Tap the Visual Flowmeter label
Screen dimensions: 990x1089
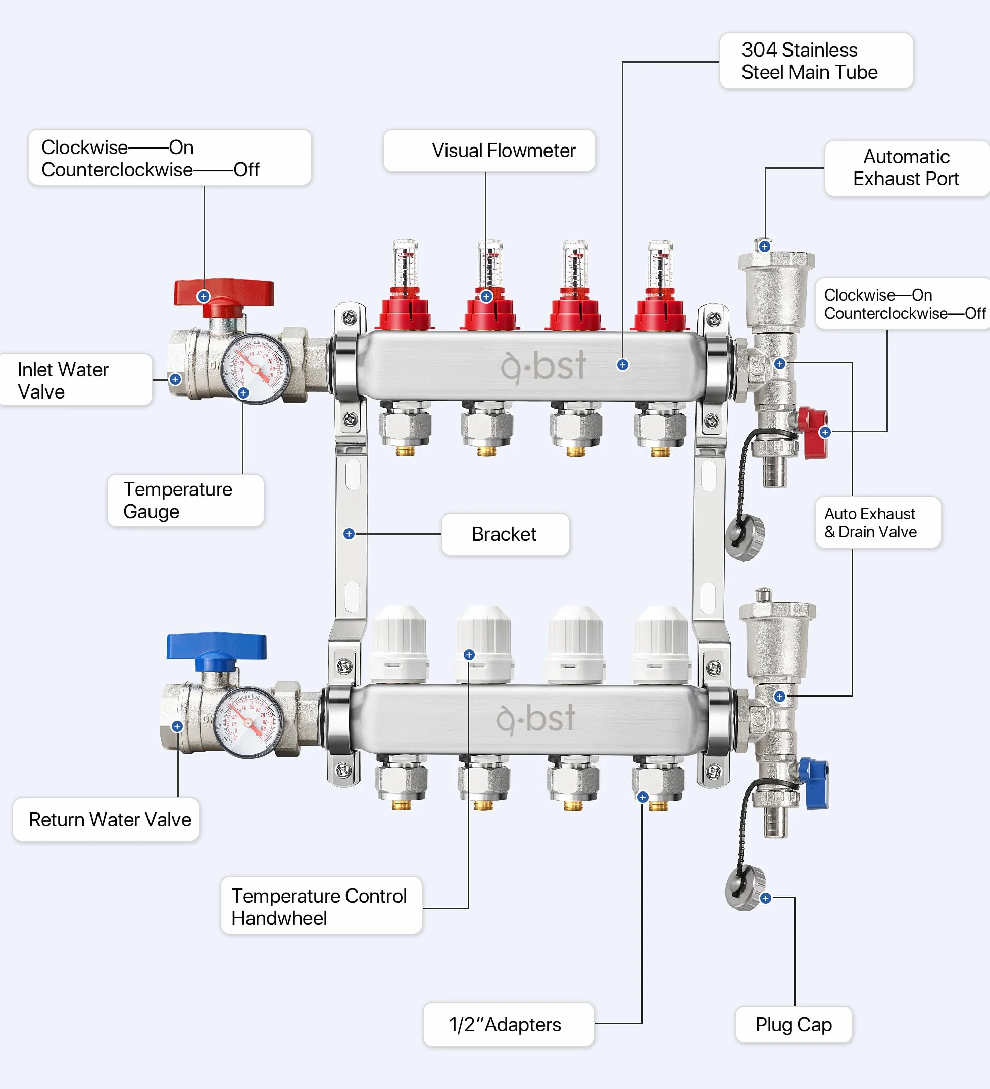[489, 151]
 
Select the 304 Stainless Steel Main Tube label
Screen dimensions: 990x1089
[816, 61]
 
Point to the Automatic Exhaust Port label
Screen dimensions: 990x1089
[907, 168]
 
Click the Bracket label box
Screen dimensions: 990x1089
[505, 534]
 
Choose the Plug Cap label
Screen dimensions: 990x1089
[794, 1025]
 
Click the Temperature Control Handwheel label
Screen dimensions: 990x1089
[321, 907]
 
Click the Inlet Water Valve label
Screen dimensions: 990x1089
[75, 380]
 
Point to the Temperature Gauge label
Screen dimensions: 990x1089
[185, 500]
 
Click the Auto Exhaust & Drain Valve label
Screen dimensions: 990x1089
[878, 522]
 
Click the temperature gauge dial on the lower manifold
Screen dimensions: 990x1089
[249, 722]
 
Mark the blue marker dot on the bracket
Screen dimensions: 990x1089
[349, 534]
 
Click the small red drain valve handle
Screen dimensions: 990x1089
[812, 432]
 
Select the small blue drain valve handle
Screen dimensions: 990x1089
[813, 783]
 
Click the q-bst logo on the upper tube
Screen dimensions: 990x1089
[543, 367]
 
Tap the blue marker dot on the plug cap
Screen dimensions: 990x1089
[765, 898]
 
